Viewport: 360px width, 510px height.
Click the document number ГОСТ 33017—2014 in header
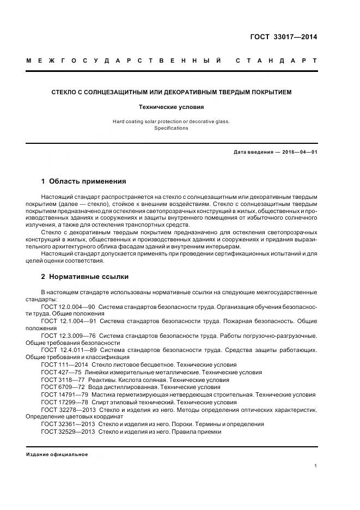click(x=283, y=38)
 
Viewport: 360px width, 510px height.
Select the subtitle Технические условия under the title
click(x=172, y=107)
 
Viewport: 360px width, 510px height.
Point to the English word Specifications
click(x=171, y=128)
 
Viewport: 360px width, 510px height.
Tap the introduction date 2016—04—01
click(x=300, y=152)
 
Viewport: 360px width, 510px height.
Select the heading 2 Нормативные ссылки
click(x=85, y=277)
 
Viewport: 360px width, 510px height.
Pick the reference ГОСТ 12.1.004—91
click(x=69, y=321)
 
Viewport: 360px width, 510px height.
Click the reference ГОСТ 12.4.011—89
click(x=69, y=350)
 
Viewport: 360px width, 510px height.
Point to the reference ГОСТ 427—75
click(x=61, y=372)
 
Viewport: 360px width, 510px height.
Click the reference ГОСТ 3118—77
click(x=63, y=380)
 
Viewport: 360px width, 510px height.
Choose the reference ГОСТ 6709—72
click(x=63, y=387)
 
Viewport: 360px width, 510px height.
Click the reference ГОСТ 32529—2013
click(x=68, y=431)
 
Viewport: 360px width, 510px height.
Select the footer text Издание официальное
click(x=57, y=454)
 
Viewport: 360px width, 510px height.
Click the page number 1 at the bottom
click(x=315, y=466)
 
